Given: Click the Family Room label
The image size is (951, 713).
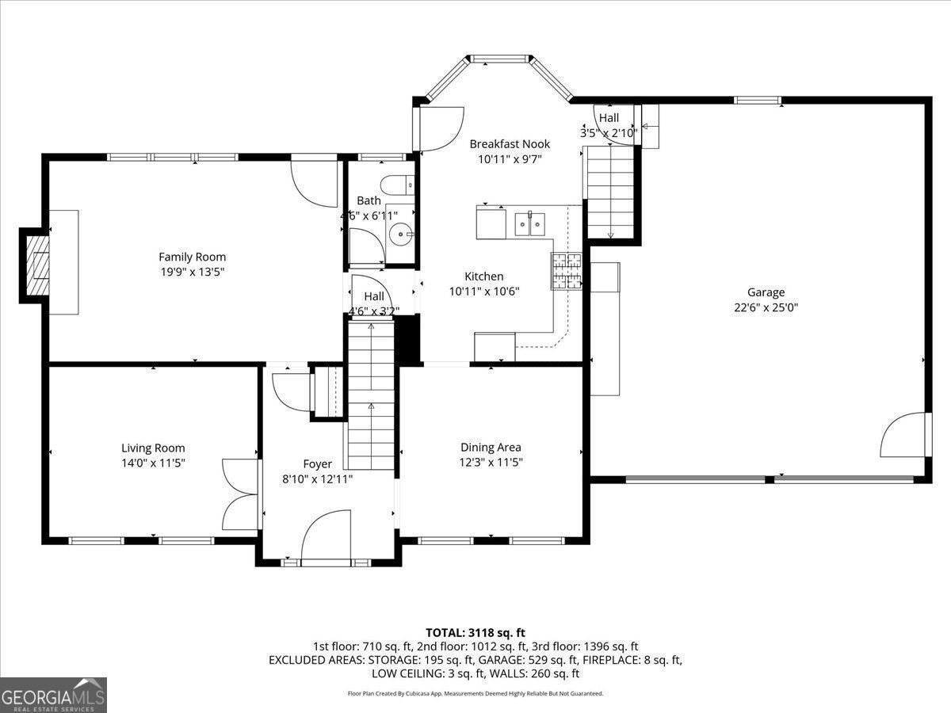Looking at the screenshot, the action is pos(192,257).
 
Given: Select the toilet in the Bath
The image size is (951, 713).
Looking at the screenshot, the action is pos(397,185).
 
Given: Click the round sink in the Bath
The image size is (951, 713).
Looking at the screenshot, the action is pos(401,234).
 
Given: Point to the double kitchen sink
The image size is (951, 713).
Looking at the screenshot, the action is pos(530,224).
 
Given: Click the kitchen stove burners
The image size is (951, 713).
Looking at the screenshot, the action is pos(566,271).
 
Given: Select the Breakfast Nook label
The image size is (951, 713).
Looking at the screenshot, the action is pos(510,143).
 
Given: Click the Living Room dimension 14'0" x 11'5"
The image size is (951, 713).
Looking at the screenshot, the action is pos(153,463).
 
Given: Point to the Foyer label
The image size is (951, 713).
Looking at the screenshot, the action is pos(317,464).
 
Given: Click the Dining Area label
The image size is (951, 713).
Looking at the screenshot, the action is pos(491,447).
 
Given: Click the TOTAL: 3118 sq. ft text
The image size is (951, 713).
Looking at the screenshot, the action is pos(475,633).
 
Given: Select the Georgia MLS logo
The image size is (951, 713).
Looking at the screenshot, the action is pos(53,696).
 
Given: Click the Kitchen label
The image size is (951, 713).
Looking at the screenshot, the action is pos(484,276).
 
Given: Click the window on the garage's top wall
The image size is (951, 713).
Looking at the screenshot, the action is pos(758,101).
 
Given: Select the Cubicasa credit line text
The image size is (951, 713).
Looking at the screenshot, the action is pos(475,693).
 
